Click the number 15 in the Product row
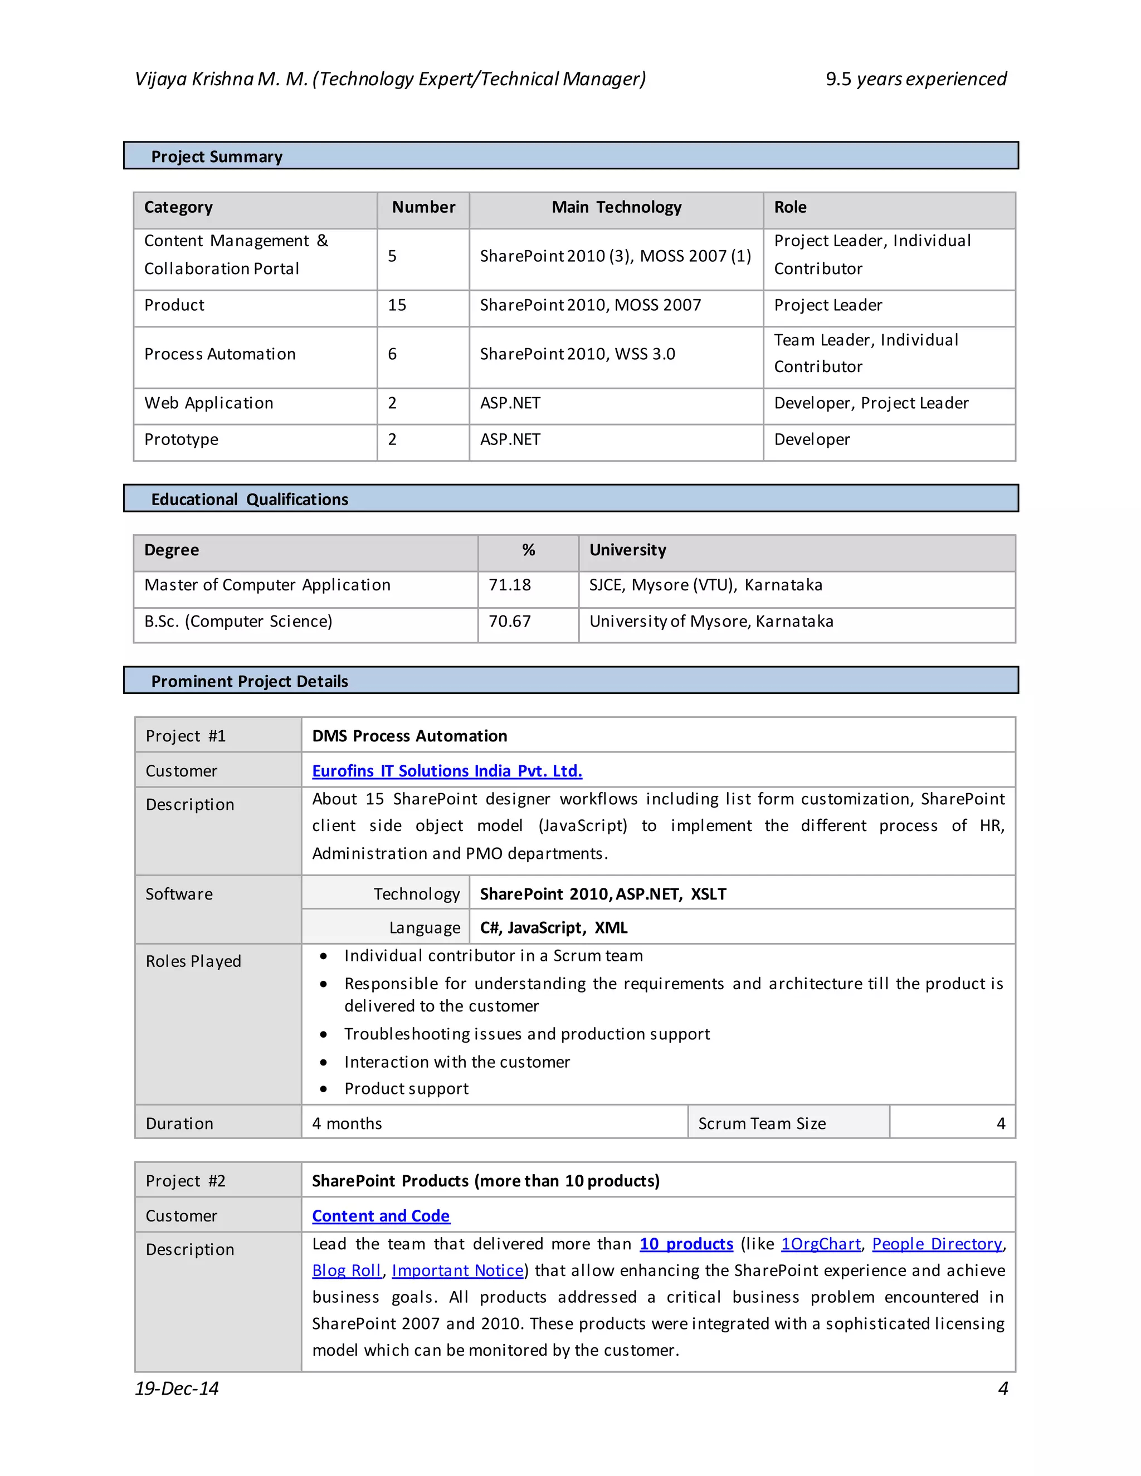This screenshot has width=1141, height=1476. click(x=397, y=305)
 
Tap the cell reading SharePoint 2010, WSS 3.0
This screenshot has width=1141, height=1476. click(x=577, y=354)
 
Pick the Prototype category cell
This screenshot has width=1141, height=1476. click(x=181, y=439)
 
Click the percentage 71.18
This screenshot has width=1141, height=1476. click(x=510, y=585)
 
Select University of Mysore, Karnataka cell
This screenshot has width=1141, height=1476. click(x=711, y=621)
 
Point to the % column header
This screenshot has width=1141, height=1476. click(x=528, y=550)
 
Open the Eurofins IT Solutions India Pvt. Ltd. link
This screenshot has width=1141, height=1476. click(x=447, y=770)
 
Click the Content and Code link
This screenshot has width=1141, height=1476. click(x=381, y=1216)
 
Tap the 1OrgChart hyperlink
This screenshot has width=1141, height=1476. click(x=821, y=1244)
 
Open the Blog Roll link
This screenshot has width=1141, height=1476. click(x=347, y=1270)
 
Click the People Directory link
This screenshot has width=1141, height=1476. click(x=937, y=1244)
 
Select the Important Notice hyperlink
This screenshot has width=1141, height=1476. click(x=457, y=1270)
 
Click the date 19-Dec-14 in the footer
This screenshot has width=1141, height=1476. click(x=177, y=1388)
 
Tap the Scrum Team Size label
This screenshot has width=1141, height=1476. click(x=762, y=1123)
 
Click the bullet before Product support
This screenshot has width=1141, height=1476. click(x=324, y=1089)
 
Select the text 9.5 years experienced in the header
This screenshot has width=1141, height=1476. click(x=916, y=79)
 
